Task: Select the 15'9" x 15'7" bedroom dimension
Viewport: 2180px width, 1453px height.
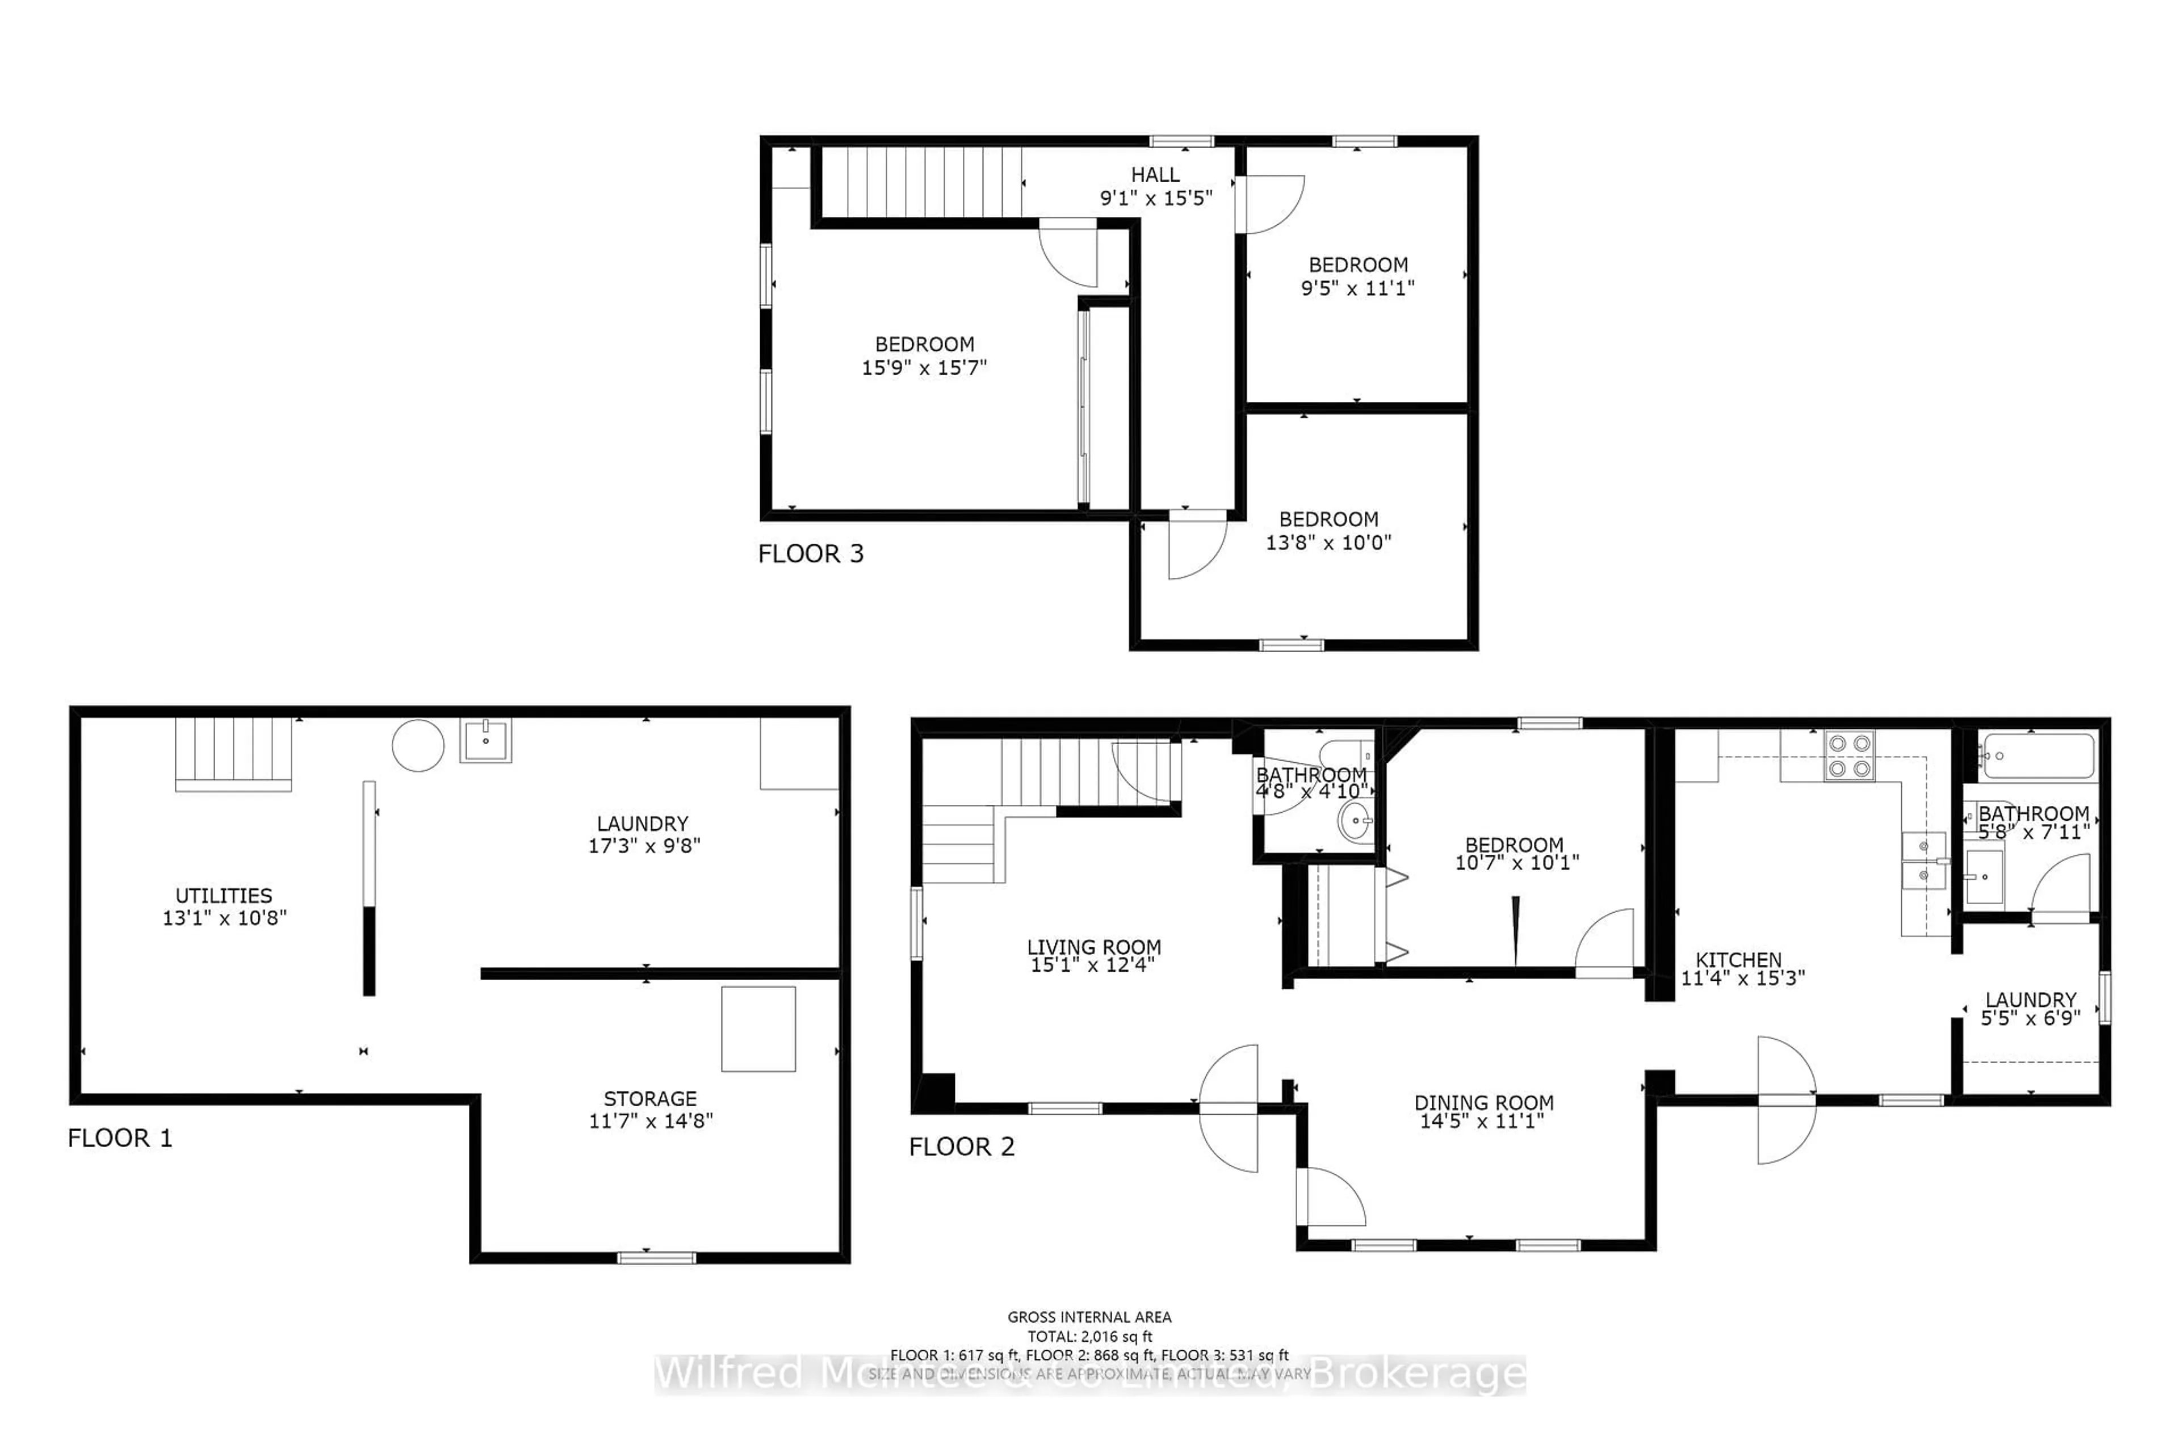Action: pyautogui.click(x=924, y=368)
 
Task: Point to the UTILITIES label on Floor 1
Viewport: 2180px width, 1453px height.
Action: pyautogui.click(x=224, y=895)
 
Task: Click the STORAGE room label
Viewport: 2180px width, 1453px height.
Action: pyautogui.click(x=649, y=1098)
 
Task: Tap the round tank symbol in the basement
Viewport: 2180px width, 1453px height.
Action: pyautogui.click(x=418, y=745)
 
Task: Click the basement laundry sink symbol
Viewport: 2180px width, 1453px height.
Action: pyautogui.click(x=486, y=740)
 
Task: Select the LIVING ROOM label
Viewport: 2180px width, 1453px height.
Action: pyautogui.click(x=1094, y=947)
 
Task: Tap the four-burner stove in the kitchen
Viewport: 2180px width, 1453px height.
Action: pyautogui.click(x=1849, y=756)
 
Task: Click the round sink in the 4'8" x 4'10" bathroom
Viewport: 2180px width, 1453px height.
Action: pyautogui.click(x=1357, y=821)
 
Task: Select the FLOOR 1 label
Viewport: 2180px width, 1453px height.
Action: pyautogui.click(x=120, y=1138)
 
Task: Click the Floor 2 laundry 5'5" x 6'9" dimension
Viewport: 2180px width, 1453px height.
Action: pyautogui.click(x=2030, y=1018)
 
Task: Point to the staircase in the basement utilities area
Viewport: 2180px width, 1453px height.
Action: pyautogui.click(x=233, y=753)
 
